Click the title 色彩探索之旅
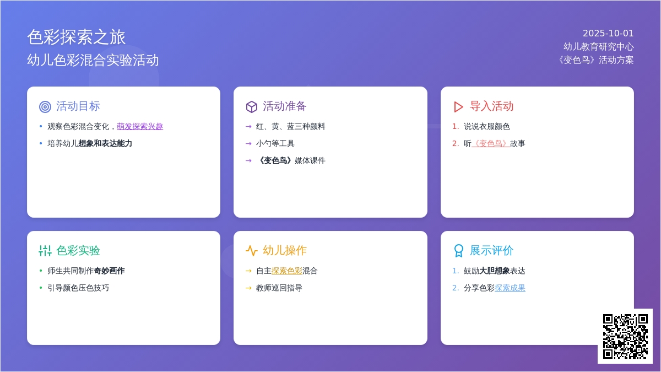pyautogui.click(x=77, y=37)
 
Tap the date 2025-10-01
pyautogui.click(x=608, y=34)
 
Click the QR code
pyautogui.click(x=625, y=336)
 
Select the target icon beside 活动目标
pyautogui.click(x=45, y=106)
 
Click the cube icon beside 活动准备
pyautogui.click(x=251, y=106)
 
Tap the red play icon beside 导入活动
pyautogui.click(x=458, y=106)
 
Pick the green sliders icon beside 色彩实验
pyautogui.click(x=45, y=251)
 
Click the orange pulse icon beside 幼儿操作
pyautogui.click(x=251, y=251)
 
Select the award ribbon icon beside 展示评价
pyautogui.click(x=458, y=251)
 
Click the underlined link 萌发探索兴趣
pyautogui.click(x=140, y=126)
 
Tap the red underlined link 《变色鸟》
pyautogui.click(x=490, y=143)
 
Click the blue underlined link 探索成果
pyautogui.click(x=510, y=288)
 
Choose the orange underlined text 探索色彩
pyautogui.click(x=287, y=271)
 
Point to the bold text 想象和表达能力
pyautogui.click(x=105, y=143)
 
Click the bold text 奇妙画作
pyautogui.click(x=109, y=271)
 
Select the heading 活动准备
pyautogui.click(x=284, y=106)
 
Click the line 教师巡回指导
pyautogui.click(x=279, y=288)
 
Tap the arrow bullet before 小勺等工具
pyautogui.click(x=248, y=144)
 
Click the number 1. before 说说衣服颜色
pyautogui.click(x=456, y=126)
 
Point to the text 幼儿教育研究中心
pyautogui.click(x=598, y=47)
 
